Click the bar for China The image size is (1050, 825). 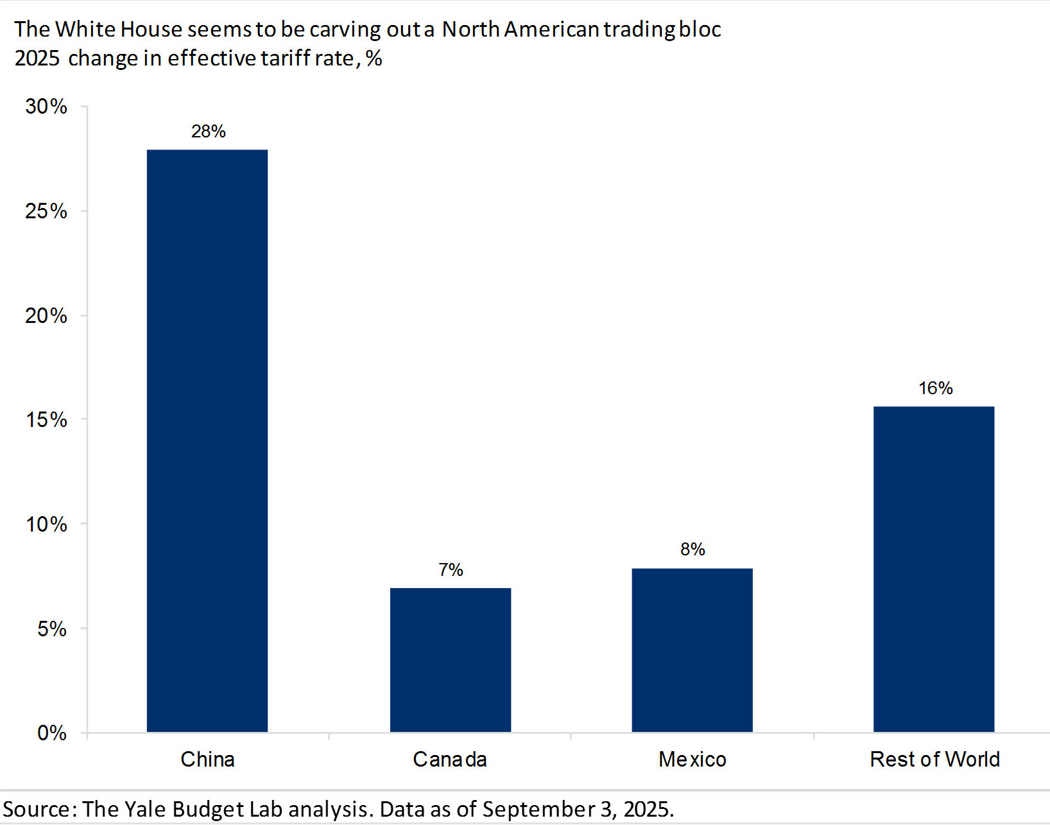(207, 440)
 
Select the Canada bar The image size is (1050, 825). (451, 659)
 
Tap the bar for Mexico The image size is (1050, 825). (692, 650)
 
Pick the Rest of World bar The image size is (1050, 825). (934, 569)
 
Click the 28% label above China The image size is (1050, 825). (209, 132)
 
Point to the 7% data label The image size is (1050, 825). (451, 570)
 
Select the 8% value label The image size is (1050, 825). (693, 550)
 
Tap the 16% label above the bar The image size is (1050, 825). (935, 388)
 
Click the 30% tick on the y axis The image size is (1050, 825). (46, 107)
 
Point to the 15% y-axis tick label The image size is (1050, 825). (46, 420)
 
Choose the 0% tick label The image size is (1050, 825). (51, 733)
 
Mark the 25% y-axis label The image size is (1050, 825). (46, 211)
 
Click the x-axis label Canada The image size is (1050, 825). (450, 760)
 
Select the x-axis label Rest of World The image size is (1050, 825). (934, 760)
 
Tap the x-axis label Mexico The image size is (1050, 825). (692, 760)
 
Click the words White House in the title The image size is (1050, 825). (119, 30)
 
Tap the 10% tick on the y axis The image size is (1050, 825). (46, 525)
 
